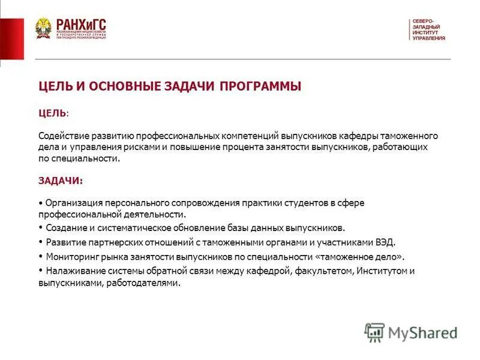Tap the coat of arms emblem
tap(43, 28)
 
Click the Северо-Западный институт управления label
tap(428, 30)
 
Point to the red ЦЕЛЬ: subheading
tap(53, 113)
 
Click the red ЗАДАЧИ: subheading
tap(61, 180)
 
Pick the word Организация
tap(70, 203)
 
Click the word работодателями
tap(144, 283)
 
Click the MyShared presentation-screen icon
tap(374, 332)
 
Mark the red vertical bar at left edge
tap(11, 39)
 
